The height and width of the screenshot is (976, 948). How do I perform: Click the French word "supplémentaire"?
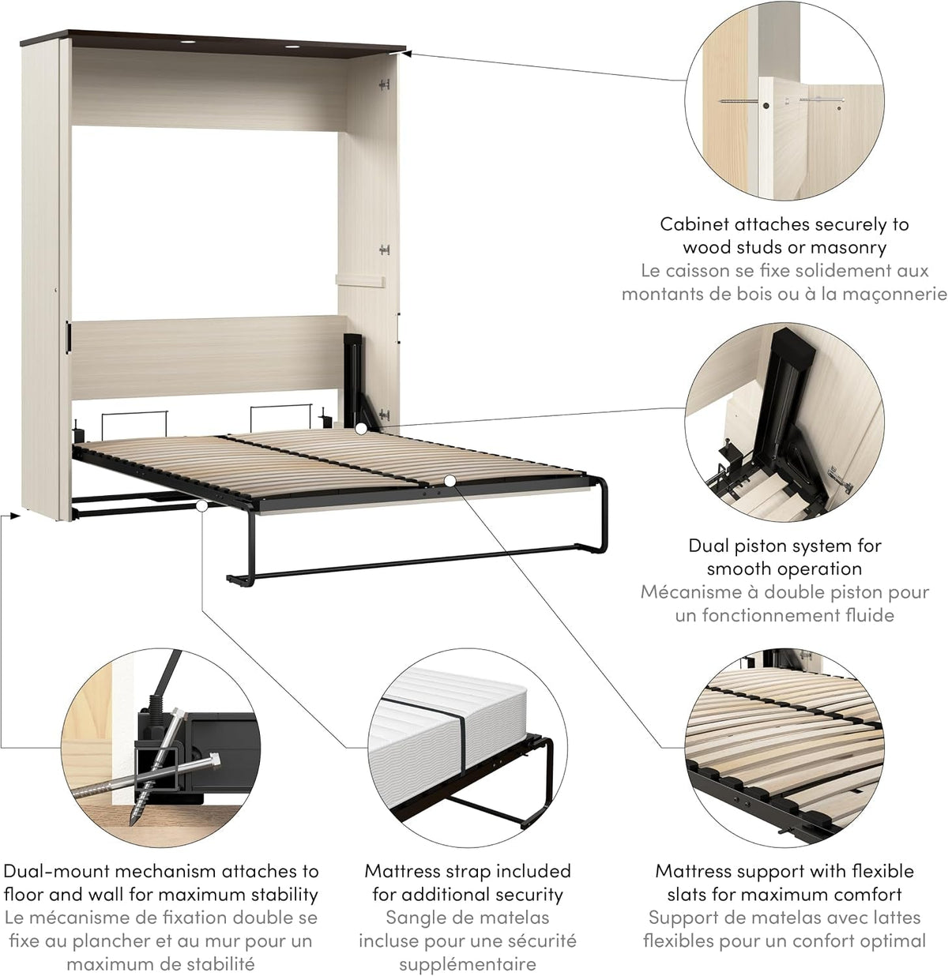467,964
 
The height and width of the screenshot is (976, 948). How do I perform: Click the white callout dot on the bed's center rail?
450,481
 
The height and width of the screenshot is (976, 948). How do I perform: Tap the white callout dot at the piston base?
359,430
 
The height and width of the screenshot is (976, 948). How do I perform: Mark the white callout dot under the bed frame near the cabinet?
201,506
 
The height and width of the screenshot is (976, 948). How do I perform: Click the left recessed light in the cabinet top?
188,42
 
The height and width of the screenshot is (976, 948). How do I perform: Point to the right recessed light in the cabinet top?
292,47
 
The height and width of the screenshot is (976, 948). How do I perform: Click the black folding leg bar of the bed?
416,565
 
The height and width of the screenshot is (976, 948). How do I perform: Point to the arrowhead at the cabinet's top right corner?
408,51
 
